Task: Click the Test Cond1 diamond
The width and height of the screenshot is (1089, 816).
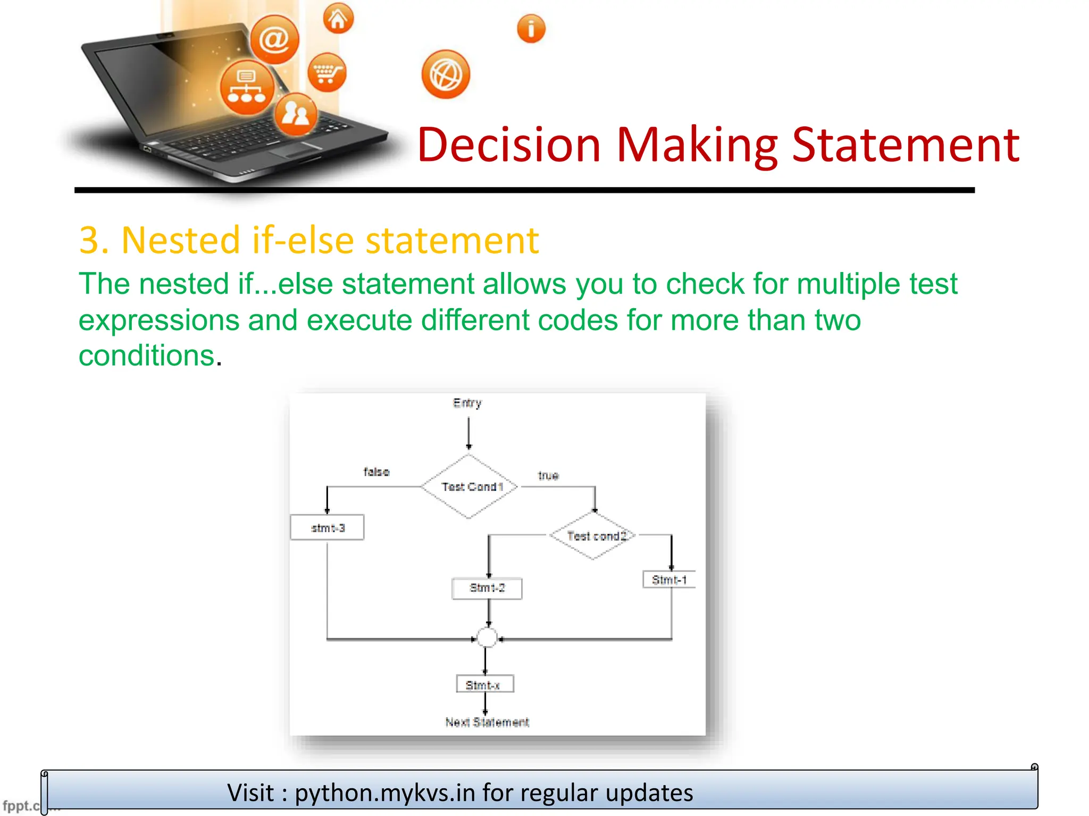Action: [x=470, y=487]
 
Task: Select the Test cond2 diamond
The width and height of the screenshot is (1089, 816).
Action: [x=594, y=535]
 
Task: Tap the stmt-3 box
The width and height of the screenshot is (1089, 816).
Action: [x=328, y=528]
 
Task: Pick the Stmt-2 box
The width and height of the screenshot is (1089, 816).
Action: [x=487, y=588]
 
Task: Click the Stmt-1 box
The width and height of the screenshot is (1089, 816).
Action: [x=669, y=580]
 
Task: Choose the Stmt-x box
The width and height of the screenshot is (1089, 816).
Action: [x=484, y=684]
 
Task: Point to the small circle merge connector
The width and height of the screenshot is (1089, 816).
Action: [x=487, y=637]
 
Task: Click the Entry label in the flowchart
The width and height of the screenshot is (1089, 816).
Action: [x=467, y=403]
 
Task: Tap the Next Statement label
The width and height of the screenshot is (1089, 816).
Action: [x=487, y=722]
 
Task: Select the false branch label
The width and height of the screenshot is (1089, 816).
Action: [x=376, y=472]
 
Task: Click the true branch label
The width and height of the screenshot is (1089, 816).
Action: [x=548, y=475]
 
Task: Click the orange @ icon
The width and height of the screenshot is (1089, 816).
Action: [x=274, y=39]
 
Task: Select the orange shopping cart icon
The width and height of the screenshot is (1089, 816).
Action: [x=327, y=73]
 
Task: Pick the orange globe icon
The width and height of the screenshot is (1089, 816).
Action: [x=446, y=75]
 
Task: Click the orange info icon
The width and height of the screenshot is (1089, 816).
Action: [x=531, y=29]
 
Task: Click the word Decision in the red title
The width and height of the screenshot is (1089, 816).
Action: [x=509, y=144]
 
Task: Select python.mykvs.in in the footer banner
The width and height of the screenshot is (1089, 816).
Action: [x=385, y=793]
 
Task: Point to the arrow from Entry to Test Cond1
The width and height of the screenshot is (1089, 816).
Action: [x=468, y=433]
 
